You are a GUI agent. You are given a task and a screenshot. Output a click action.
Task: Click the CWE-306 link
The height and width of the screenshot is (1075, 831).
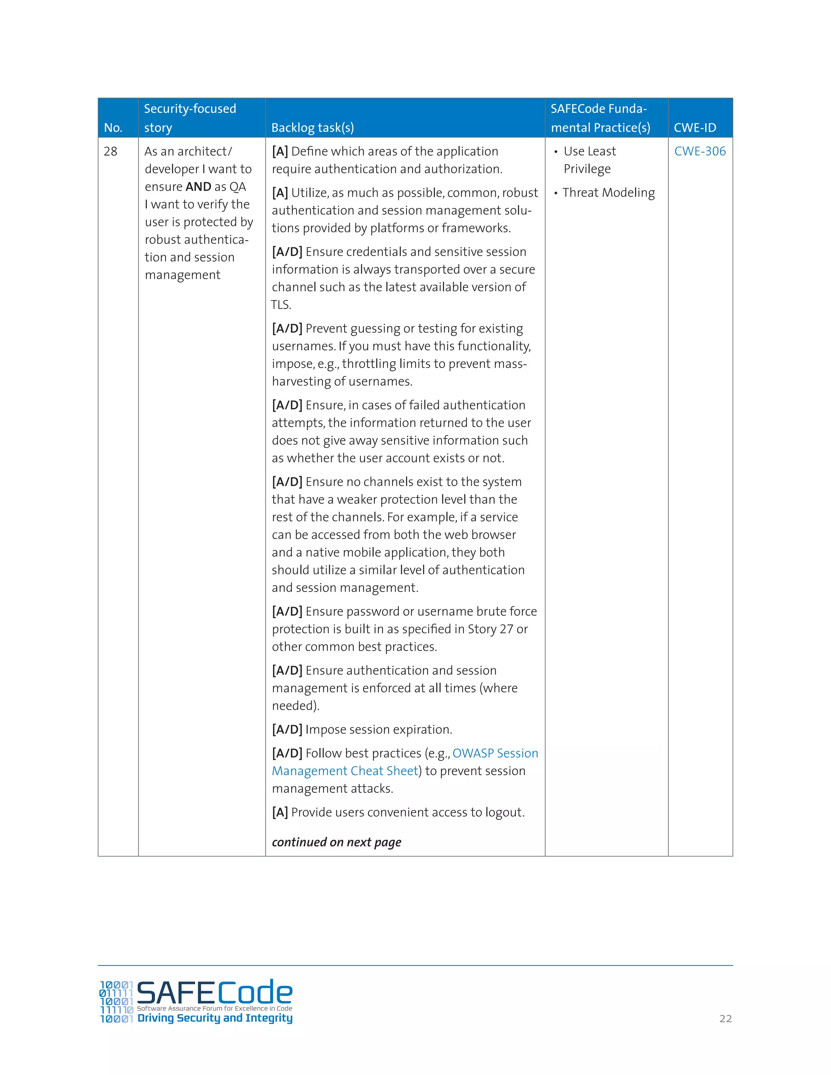700,151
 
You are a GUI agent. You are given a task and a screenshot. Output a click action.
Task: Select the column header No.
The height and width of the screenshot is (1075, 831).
113,128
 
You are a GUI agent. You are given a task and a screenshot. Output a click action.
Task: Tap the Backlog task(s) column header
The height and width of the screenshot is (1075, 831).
312,128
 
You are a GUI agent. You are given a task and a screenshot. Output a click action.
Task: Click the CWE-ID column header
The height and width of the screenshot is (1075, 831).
695,128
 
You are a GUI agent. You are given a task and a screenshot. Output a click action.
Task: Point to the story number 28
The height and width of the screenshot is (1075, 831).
110,152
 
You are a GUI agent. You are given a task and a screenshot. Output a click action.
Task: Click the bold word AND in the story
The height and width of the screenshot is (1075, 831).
198,187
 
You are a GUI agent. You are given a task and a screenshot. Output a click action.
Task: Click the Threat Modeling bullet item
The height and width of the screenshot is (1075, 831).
609,193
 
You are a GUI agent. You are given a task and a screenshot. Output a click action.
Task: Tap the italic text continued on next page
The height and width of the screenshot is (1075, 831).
336,842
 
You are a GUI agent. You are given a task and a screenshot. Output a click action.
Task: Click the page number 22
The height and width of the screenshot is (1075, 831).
725,1019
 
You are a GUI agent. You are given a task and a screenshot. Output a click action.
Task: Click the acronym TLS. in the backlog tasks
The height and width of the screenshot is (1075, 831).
281,305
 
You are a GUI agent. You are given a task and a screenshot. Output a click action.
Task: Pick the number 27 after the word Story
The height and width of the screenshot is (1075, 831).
506,629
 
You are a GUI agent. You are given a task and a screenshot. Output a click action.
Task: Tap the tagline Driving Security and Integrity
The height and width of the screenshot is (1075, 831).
215,1018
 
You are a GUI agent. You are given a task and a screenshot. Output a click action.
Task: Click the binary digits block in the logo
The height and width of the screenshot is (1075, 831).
116,1002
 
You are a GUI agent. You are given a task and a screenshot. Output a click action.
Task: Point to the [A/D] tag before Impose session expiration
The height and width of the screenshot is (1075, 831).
287,729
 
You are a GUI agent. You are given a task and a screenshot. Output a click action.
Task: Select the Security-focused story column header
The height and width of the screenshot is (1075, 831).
189,118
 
